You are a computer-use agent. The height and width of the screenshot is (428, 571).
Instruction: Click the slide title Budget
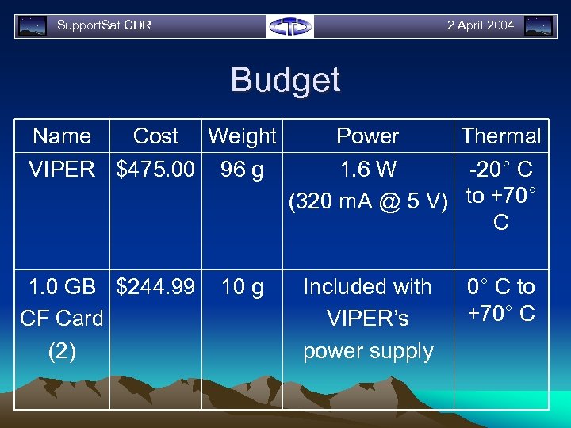click(x=285, y=80)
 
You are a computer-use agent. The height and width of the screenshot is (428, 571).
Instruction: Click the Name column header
click(x=62, y=136)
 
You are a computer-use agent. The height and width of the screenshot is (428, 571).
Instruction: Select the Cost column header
click(x=155, y=136)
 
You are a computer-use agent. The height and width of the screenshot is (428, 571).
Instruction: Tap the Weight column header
click(x=242, y=136)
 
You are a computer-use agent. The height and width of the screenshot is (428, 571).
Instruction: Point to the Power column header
click(x=368, y=136)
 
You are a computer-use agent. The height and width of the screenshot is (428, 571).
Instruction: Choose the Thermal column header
click(x=501, y=136)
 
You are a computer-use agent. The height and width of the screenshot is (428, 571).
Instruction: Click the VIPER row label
click(x=62, y=169)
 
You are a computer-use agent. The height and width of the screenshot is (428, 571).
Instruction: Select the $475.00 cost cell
click(x=155, y=169)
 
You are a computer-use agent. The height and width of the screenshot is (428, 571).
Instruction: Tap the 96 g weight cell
click(x=242, y=169)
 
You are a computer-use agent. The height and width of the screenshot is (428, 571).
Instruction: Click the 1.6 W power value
click(x=368, y=169)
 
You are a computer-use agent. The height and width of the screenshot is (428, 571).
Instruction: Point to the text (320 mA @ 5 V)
click(x=368, y=201)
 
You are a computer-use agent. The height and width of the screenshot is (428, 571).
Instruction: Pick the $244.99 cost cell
click(x=155, y=286)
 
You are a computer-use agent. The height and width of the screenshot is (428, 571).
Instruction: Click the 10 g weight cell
click(x=242, y=286)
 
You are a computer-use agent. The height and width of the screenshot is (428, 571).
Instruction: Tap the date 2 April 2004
click(x=481, y=25)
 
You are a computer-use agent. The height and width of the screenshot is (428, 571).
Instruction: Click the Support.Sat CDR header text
click(x=104, y=25)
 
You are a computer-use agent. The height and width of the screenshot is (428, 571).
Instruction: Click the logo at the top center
click(x=290, y=26)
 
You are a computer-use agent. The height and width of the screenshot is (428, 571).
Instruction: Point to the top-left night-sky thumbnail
click(x=33, y=26)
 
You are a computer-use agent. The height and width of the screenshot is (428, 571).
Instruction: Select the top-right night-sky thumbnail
click(x=539, y=26)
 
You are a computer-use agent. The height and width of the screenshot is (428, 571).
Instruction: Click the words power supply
click(x=368, y=351)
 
